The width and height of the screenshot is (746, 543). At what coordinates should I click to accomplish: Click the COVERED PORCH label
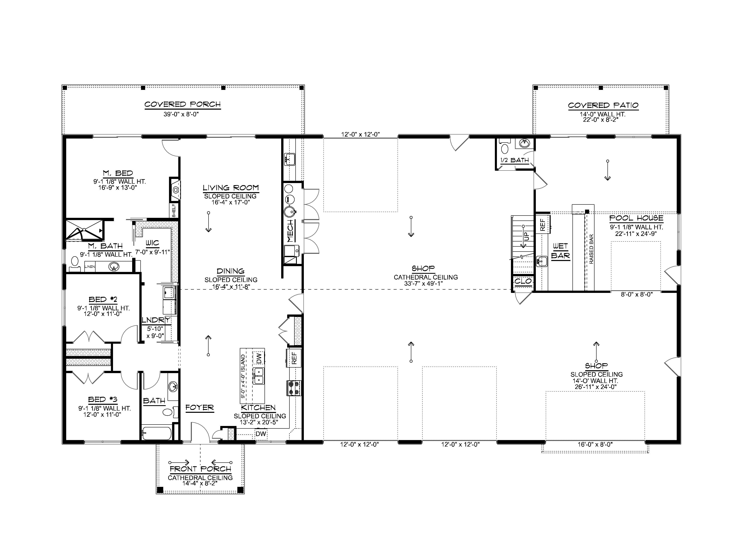pos(183,104)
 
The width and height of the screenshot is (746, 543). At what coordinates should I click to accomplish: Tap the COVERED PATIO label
pos(603,106)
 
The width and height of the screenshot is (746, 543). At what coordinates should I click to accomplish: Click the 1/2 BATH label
pos(514,160)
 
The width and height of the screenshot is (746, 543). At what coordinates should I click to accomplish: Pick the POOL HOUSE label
pos(636,218)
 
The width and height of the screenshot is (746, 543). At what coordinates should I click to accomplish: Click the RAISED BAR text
pos(591,249)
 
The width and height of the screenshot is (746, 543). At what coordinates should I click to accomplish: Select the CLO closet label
pos(523,281)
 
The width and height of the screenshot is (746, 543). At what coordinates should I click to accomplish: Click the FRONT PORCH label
pos(200,469)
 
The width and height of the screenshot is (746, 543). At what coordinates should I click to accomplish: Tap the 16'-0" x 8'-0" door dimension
pos(595,445)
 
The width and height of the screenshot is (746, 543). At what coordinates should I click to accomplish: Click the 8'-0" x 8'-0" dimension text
pos(636,295)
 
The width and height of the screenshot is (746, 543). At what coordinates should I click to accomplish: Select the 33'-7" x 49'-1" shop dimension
pos(426,284)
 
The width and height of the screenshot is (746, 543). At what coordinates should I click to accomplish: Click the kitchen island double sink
pos(259,376)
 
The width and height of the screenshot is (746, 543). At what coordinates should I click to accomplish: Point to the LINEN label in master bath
pos(90,267)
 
